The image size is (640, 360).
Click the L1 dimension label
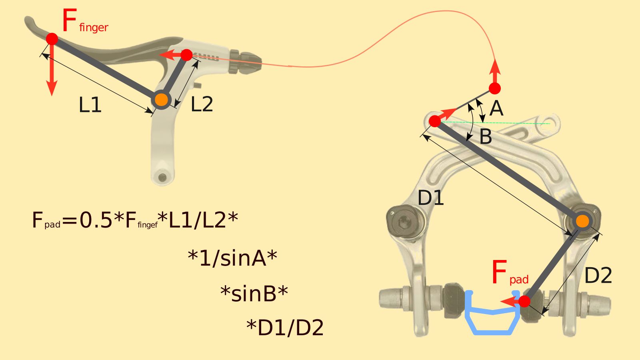click(90, 105)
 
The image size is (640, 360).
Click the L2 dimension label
click(202, 104)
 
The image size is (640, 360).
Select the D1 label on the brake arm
click(430, 198)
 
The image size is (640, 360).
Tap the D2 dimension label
click(598, 276)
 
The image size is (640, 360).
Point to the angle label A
click(496, 108)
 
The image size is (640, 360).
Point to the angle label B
click(486, 137)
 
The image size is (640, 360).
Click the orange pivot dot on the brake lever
click(161, 100)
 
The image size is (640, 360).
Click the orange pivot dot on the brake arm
click(582, 221)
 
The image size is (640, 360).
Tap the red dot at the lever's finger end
click(52, 39)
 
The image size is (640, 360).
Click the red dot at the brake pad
click(524, 301)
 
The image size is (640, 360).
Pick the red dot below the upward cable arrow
click(495, 88)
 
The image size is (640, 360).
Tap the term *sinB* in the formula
click(254, 294)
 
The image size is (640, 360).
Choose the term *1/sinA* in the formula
click(232, 258)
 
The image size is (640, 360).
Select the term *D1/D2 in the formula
click(285, 328)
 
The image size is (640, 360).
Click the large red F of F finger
click(70, 21)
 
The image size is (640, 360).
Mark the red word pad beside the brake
click(519, 280)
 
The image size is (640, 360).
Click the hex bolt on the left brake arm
click(404, 219)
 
